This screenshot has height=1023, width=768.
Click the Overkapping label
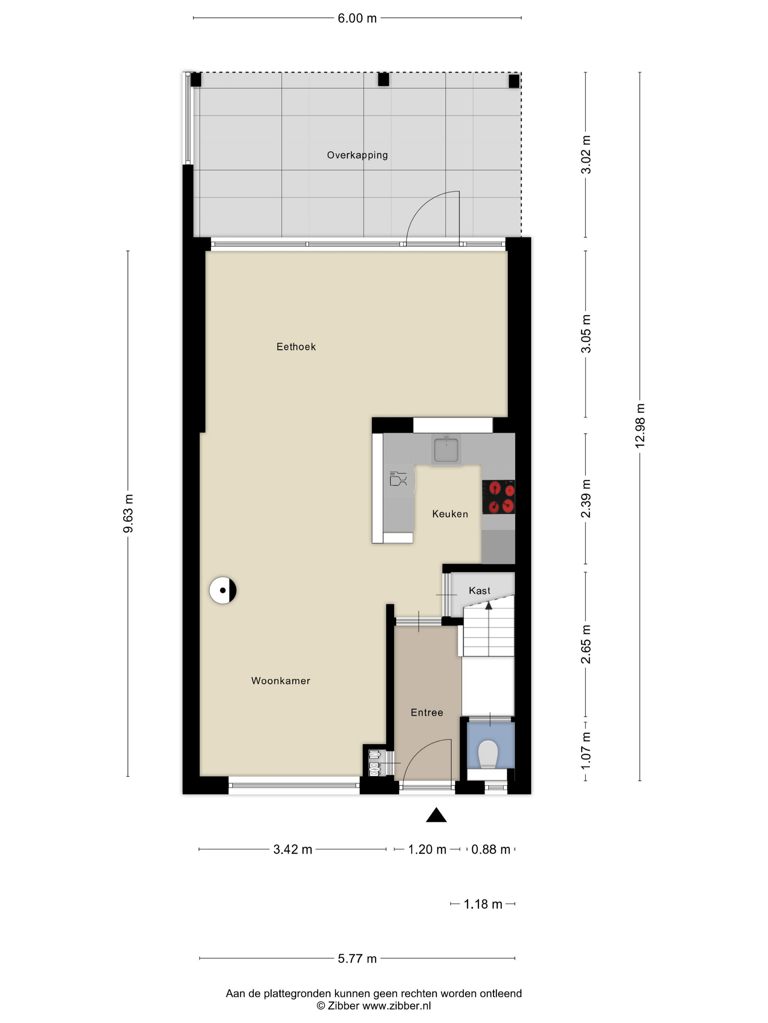click(357, 155)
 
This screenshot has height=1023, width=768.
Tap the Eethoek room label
click(296, 347)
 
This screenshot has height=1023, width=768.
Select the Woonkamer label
click(281, 681)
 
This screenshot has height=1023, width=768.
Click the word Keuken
click(450, 514)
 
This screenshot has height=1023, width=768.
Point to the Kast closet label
click(479, 590)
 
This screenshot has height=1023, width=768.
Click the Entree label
click(427, 713)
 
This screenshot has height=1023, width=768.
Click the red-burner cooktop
click(498, 497)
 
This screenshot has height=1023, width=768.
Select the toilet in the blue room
click(487, 754)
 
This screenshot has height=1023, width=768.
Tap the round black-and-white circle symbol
click(223, 590)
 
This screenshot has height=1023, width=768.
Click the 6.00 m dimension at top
click(357, 19)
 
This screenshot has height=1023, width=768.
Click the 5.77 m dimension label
click(357, 959)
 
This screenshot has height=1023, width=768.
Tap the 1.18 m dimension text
click(483, 904)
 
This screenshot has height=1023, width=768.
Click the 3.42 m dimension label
click(293, 849)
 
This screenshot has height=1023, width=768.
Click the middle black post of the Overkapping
click(383, 80)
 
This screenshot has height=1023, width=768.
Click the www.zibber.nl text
click(396, 1006)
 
